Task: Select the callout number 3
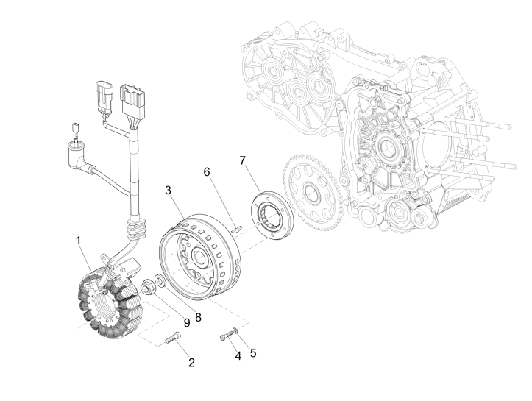(x=169, y=190)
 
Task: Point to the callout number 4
(x=238, y=355)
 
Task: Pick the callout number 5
(x=253, y=352)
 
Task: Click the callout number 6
(x=207, y=171)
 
